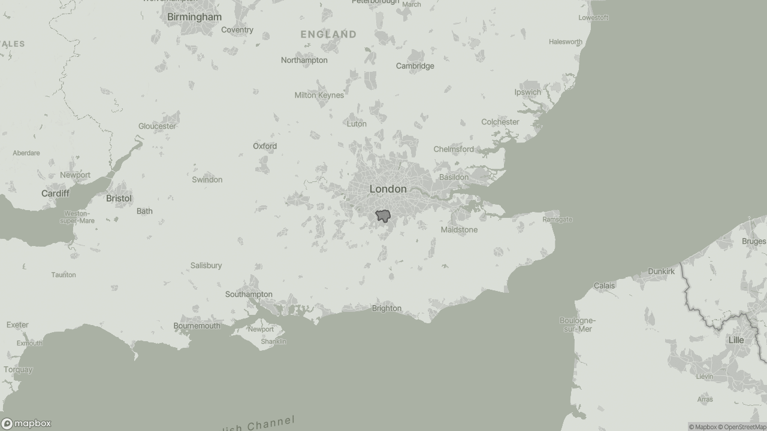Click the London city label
388,189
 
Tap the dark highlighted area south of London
382,217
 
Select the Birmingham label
194,17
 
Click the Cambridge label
415,66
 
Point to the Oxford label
265,146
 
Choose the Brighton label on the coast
386,308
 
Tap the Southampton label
249,295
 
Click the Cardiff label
55,193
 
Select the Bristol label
119,198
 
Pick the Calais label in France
604,286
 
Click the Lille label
736,340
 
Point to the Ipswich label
527,92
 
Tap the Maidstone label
459,230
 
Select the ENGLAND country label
328,34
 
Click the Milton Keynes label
319,95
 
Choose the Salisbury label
206,265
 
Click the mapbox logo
26,423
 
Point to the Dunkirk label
661,271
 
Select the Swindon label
207,180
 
